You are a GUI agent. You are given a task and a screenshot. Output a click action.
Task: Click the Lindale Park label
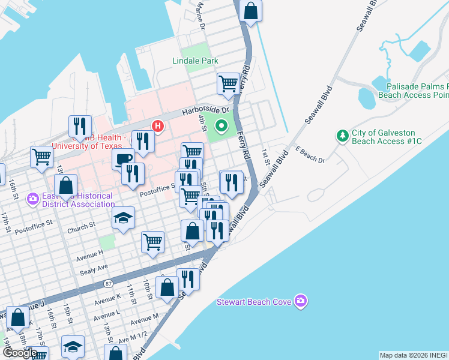tap(195, 61)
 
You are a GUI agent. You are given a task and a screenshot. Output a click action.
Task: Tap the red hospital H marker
tap(157, 125)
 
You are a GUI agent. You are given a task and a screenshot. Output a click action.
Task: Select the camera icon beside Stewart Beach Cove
tap(301, 301)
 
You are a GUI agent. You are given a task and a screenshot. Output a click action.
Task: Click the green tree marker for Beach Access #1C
tap(343, 136)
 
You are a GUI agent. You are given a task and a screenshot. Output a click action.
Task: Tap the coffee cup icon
tap(123, 159)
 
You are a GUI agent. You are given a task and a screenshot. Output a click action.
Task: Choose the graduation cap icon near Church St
tap(123, 218)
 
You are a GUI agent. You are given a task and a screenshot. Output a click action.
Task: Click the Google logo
tap(19, 352)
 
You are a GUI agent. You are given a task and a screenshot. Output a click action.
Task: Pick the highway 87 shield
tap(108, 283)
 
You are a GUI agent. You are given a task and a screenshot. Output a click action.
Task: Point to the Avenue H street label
tap(89, 259)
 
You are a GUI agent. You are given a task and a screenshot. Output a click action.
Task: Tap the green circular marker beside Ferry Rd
tap(221, 126)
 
